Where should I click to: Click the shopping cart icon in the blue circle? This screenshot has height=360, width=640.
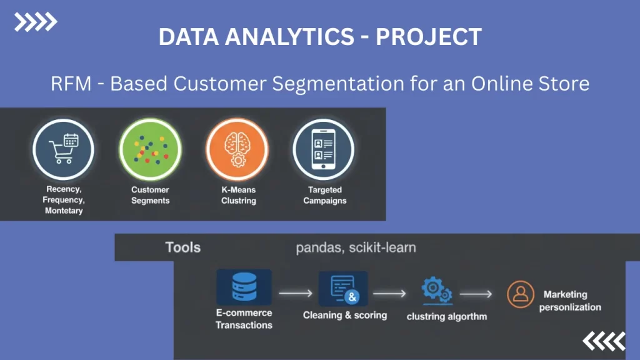(63, 149)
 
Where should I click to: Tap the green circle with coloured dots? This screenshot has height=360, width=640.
(150, 149)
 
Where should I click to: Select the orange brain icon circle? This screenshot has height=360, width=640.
(236, 149)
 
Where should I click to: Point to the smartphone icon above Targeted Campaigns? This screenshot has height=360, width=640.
(323, 149)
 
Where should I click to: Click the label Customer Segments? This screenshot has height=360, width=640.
(150, 195)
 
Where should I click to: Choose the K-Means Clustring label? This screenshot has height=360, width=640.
(238, 195)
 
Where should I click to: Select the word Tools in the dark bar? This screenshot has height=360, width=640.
(183, 247)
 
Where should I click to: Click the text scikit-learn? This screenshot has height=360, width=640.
(382, 247)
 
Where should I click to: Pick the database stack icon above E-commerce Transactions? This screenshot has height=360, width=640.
(244, 287)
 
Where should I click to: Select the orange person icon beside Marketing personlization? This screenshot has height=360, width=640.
(520, 294)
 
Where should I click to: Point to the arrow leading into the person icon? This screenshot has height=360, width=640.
(476, 294)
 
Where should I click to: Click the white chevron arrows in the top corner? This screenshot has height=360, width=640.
(36, 23)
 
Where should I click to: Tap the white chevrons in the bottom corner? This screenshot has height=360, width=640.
(604, 341)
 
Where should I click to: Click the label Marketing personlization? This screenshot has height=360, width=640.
(569, 301)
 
